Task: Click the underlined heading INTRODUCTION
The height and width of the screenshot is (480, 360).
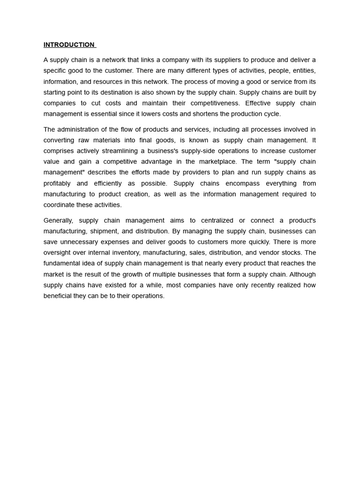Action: coord(69,45)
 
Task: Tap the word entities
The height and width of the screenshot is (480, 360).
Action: coord(304,71)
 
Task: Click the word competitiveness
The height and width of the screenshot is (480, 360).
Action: coord(213,103)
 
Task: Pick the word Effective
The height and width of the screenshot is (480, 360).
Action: coord(258,103)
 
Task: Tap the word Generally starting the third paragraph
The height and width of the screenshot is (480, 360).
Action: coord(58,220)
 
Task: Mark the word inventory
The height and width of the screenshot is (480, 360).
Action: coord(126,253)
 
